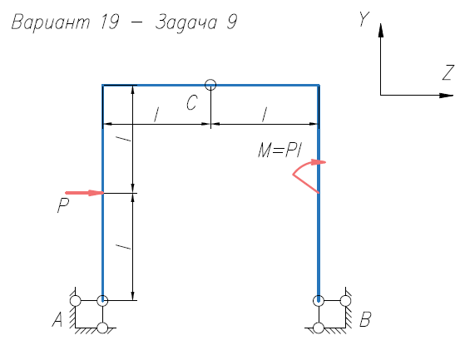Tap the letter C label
point(192,103)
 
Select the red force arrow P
point(85,193)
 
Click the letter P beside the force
point(63,205)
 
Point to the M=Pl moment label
point(280,150)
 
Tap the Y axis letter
point(364,19)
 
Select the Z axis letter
point(448,72)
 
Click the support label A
point(57,319)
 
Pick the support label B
point(365,319)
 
